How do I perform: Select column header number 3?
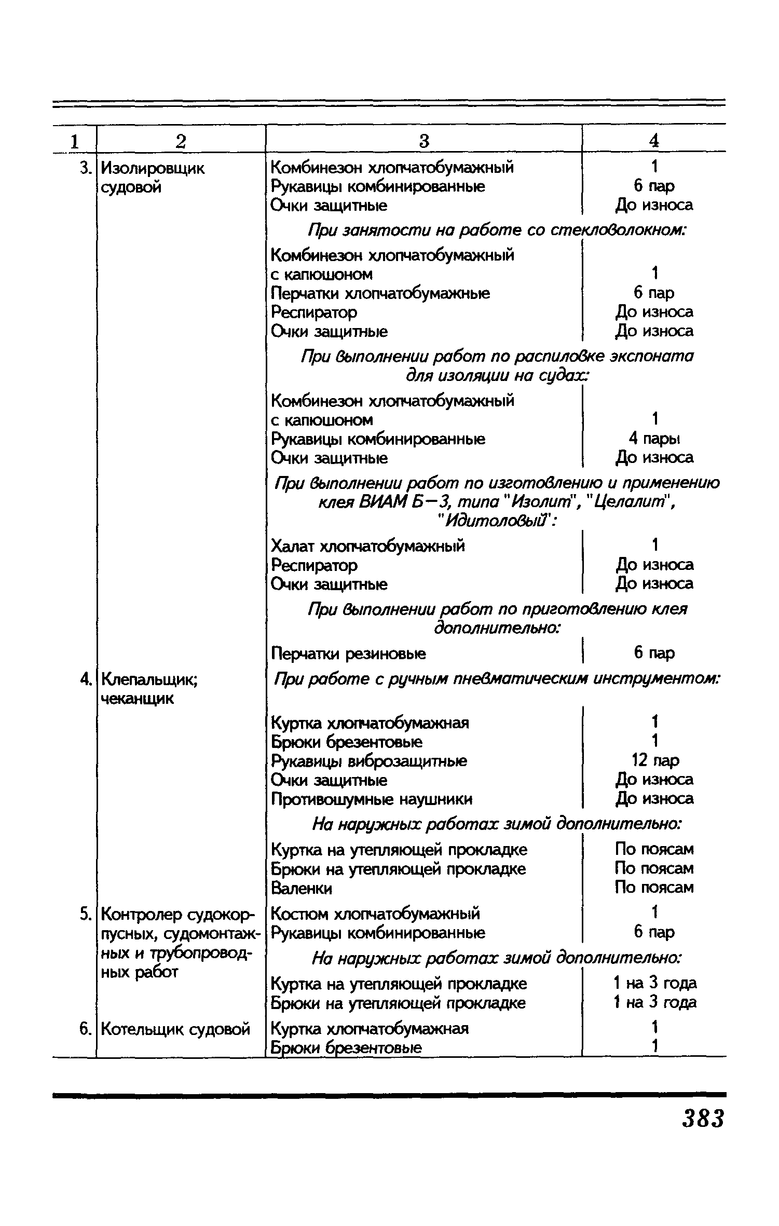(423, 141)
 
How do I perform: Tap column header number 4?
(653, 141)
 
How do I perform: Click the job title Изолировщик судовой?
(153, 178)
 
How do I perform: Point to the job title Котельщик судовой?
(175, 1028)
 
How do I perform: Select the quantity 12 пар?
(654, 760)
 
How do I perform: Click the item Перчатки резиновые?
(348, 653)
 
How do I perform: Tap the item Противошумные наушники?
(372, 799)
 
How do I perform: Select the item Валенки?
(302, 889)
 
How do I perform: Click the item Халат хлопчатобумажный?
(368, 546)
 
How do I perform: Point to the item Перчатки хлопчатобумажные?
(380, 293)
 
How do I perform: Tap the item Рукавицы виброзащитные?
(369, 761)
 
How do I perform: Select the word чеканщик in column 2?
(137, 699)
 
